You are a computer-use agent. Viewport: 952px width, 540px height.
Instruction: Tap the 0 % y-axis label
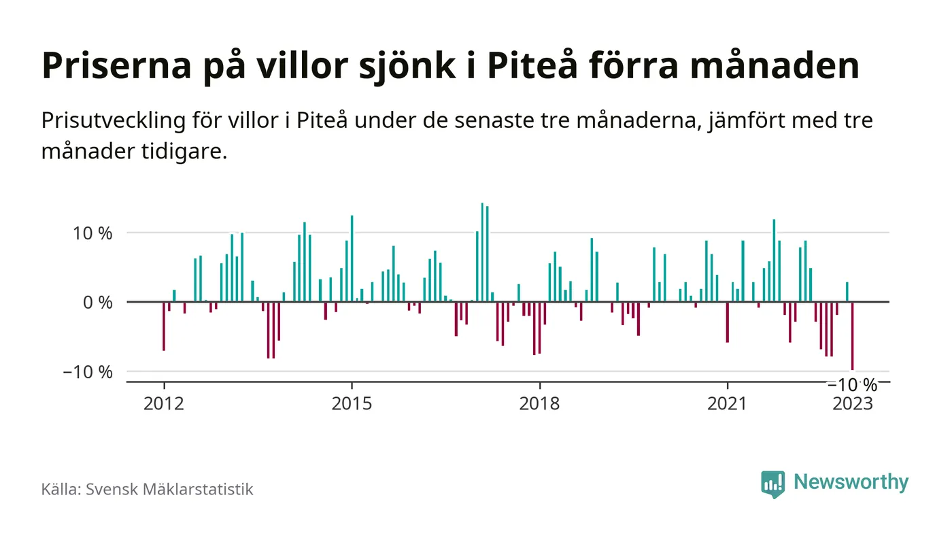pyautogui.click(x=98, y=302)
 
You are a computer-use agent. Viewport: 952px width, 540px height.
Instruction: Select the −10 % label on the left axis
pyautogui.click(x=88, y=372)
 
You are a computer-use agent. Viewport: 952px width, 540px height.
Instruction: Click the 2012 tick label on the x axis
pyautogui.click(x=164, y=403)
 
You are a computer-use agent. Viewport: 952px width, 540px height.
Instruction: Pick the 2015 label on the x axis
pyautogui.click(x=352, y=403)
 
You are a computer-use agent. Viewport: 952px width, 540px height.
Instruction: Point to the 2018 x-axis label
pyautogui.click(x=539, y=403)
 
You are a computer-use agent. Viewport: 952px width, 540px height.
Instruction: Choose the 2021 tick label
pyautogui.click(x=728, y=403)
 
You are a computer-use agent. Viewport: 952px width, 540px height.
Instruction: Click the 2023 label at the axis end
pyautogui.click(x=853, y=403)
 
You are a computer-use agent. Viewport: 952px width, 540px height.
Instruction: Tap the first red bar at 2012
pyautogui.click(x=164, y=326)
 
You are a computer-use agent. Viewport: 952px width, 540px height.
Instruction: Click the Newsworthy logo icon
pyautogui.click(x=773, y=484)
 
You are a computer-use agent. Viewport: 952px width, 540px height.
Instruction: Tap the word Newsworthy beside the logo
pyautogui.click(x=851, y=482)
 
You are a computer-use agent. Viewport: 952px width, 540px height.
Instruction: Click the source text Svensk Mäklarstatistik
pyautogui.click(x=169, y=489)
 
